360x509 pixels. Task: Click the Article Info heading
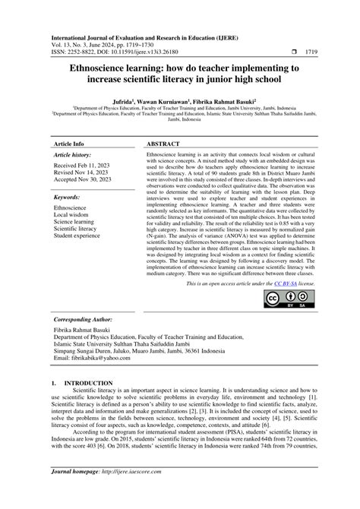pos(68,143)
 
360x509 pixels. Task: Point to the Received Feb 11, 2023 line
pos(84,164)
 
